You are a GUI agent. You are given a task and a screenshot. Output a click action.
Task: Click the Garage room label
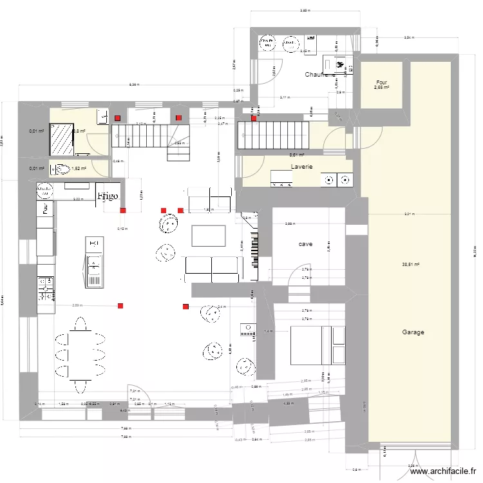tap(413, 332)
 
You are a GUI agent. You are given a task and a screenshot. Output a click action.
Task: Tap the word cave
tap(305, 244)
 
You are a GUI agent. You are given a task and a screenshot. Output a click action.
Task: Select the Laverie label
tap(302, 166)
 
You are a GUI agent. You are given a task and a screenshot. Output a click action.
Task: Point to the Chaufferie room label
tap(320, 75)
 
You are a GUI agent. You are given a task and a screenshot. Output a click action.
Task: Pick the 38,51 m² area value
tap(410, 264)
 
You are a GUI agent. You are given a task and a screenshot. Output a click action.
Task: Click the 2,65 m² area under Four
tap(381, 88)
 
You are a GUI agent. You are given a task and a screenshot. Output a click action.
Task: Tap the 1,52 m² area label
tap(79, 169)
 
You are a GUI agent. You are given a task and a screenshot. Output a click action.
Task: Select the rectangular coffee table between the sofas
tap(208, 235)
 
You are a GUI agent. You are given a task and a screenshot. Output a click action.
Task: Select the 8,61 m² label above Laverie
tap(296, 155)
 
